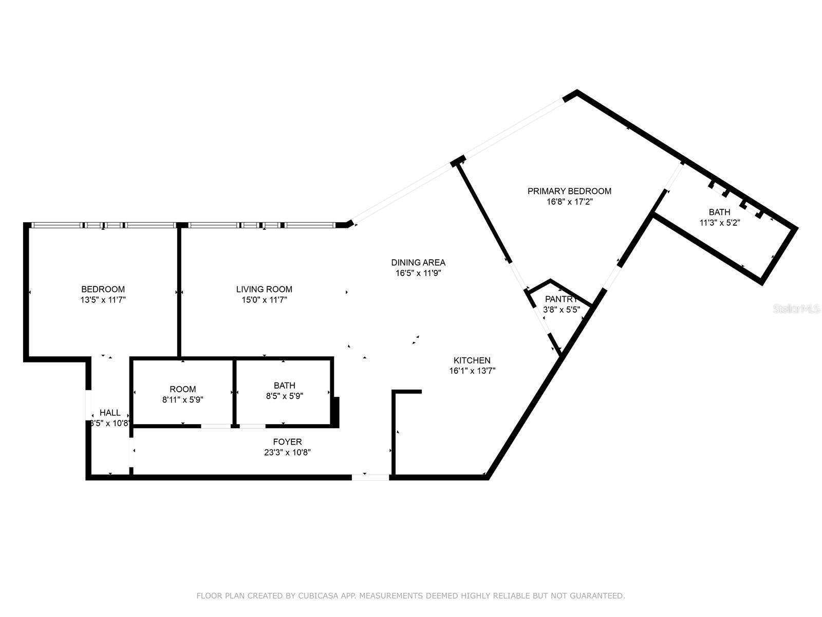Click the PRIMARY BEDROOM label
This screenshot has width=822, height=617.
coord(569,191)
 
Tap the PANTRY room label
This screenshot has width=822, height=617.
coord(561,299)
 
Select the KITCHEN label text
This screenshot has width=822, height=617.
coord(472,360)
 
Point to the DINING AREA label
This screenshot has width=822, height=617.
coord(418,263)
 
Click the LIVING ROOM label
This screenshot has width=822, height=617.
coord(264,289)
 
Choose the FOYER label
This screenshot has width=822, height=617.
coord(287,442)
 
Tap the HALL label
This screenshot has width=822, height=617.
coord(110,412)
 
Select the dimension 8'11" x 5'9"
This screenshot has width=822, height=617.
coord(183,400)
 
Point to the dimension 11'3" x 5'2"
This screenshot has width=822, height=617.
coord(719,223)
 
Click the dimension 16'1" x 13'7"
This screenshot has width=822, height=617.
coord(472,371)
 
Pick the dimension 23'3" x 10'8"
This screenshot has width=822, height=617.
coord(287,452)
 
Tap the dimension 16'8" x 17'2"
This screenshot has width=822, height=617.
coord(569,202)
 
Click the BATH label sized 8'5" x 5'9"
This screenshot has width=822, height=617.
coord(285,386)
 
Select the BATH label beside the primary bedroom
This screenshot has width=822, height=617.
coord(719,212)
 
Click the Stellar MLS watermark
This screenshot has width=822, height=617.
coord(797,309)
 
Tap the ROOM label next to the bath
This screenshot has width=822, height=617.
coord(183,389)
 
